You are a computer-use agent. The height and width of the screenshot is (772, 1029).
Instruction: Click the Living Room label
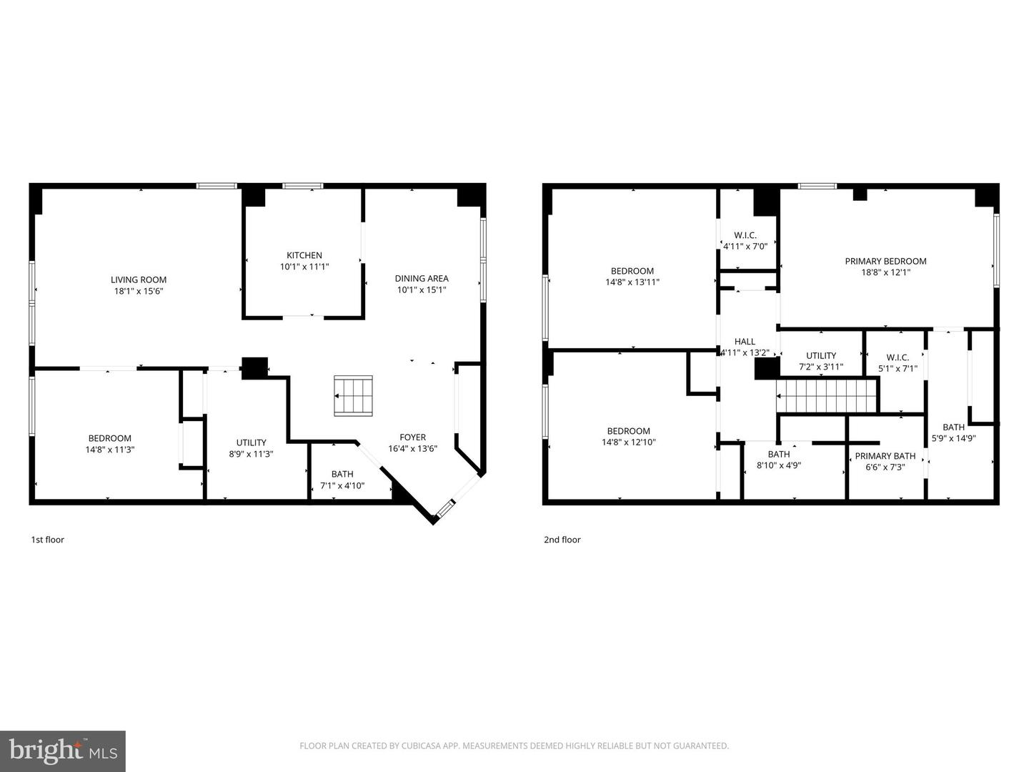(139, 280)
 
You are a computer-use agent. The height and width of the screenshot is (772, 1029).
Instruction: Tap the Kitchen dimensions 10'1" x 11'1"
(304, 267)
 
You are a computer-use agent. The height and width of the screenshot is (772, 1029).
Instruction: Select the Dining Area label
(422, 279)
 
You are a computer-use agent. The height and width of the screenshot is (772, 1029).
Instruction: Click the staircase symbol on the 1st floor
(354, 395)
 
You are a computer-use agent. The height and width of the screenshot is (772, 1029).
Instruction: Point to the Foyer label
(412, 437)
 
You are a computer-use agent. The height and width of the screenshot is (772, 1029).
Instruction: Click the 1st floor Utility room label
(251, 442)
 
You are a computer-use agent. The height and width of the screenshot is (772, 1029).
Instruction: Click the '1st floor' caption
(47, 540)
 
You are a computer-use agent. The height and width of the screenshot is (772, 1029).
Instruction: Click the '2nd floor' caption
(562, 540)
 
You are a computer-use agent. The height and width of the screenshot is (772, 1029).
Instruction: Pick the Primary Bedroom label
(885, 262)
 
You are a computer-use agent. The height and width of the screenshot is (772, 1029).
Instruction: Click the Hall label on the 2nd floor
(745, 342)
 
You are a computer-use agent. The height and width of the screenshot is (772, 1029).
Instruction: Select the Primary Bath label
(885, 456)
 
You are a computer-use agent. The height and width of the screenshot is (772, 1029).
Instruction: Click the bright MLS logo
(63, 751)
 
